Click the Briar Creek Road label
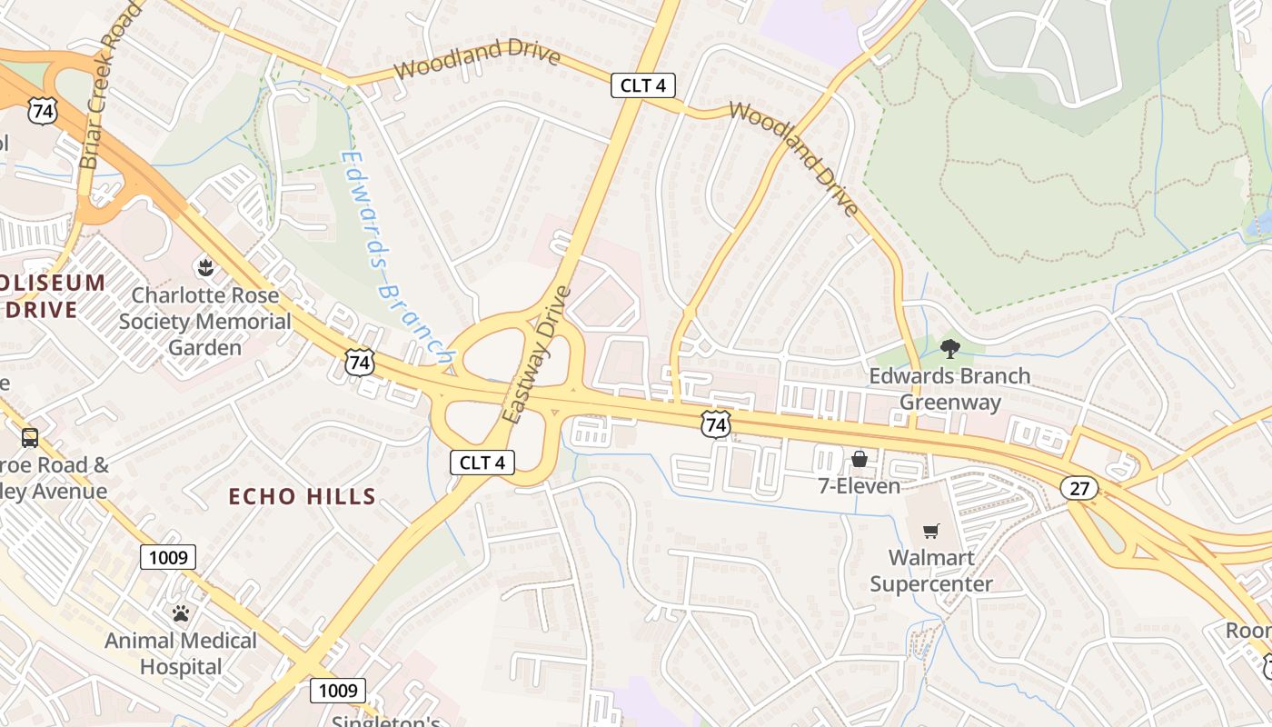click(102, 85)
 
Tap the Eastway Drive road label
click(536, 355)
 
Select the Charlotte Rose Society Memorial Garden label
click(205, 322)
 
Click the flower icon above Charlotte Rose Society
click(204, 267)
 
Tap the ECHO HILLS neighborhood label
click(302, 496)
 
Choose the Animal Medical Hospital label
click(181, 653)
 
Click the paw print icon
click(181, 613)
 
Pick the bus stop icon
click(30, 438)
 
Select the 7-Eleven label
click(859, 486)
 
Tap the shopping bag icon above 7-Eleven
click(859, 459)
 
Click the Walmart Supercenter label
click(930, 571)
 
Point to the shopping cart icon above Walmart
click(930, 531)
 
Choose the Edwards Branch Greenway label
click(949, 389)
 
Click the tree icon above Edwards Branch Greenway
click(949, 348)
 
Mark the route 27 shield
click(1079, 488)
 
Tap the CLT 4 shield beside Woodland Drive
click(642, 86)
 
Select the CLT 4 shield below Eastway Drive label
click(482, 463)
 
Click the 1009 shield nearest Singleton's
click(338, 691)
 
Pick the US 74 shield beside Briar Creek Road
click(43, 112)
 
